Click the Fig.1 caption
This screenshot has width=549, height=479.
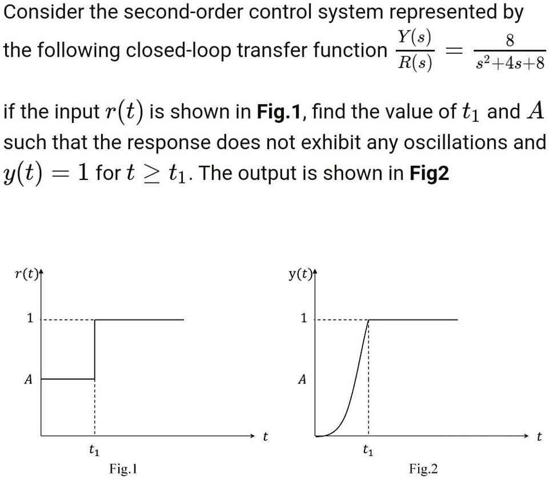(x=123, y=469)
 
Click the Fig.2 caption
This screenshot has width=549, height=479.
(x=423, y=469)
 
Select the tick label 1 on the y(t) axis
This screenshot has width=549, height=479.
(x=303, y=318)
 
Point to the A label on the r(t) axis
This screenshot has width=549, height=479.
(x=28, y=379)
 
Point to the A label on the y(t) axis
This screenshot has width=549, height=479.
(x=302, y=379)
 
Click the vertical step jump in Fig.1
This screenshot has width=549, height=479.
(x=94, y=349)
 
